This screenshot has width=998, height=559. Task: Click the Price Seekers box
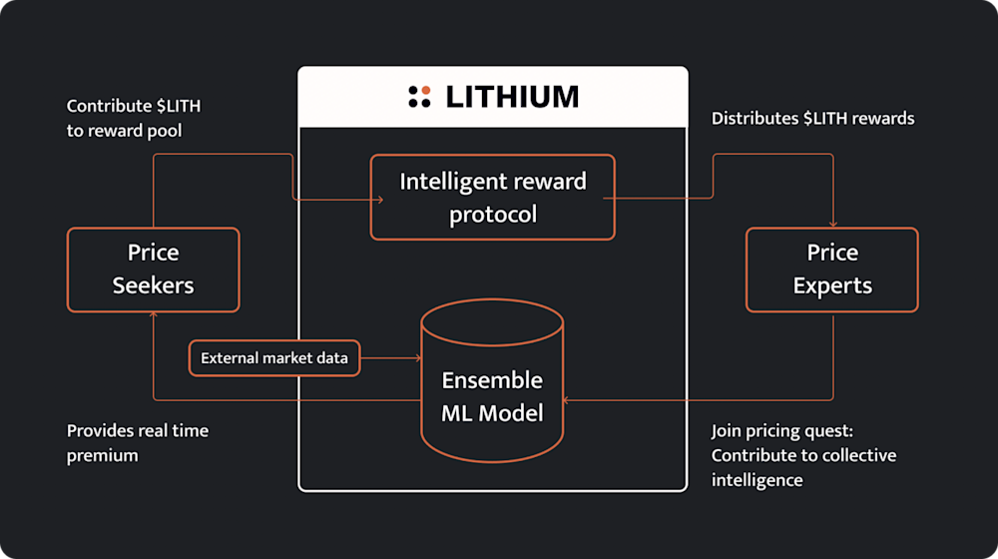click(x=154, y=270)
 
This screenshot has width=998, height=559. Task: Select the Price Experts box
click(x=832, y=270)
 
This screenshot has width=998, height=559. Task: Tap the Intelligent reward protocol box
click(x=493, y=198)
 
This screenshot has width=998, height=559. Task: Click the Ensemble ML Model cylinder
click(x=493, y=380)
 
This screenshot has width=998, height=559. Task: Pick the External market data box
click(x=274, y=357)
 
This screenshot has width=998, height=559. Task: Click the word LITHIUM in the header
click(x=512, y=97)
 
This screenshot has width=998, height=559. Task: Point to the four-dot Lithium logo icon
click(x=419, y=97)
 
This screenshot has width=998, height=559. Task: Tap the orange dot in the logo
click(x=426, y=91)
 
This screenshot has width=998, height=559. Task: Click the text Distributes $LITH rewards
click(x=812, y=119)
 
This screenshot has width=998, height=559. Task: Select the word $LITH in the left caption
click(x=179, y=106)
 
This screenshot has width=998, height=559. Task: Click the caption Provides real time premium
click(x=138, y=443)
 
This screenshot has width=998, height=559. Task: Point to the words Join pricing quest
click(x=781, y=431)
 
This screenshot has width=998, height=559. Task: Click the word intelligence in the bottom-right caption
click(x=756, y=481)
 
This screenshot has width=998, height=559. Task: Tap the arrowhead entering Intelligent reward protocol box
click(x=380, y=200)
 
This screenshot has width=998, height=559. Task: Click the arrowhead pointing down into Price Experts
click(x=833, y=224)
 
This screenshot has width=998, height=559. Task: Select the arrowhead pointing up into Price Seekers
click(x=154, y=314)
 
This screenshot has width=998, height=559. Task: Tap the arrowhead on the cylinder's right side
click(x=567, y=400)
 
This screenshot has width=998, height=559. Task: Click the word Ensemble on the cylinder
click(x=492, y=380)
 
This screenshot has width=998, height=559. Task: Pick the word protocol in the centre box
click(x=493, y=216)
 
